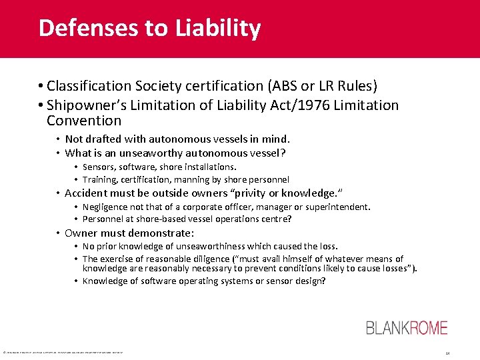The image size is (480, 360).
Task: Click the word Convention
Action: (x=84, y=121)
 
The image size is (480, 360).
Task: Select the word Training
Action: (x=101, y=179)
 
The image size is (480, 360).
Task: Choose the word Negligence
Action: (x=106, y=207)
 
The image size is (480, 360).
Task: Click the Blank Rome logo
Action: (x=407, y=328)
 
